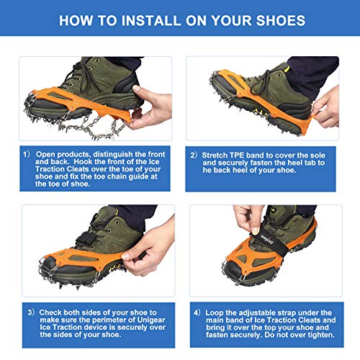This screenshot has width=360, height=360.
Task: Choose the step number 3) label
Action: (31, 294)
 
